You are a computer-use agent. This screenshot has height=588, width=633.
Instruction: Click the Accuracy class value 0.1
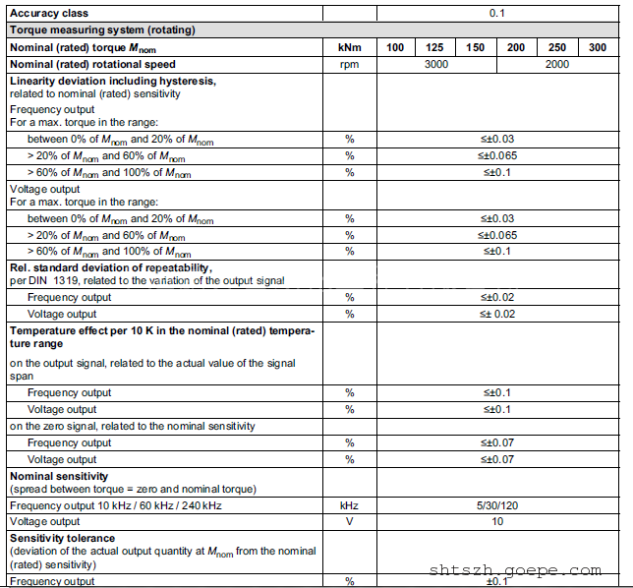pos(497,14)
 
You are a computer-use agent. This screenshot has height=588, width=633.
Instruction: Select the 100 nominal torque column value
pos(395,47)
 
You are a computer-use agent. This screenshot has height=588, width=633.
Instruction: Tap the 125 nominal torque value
pos(434,47)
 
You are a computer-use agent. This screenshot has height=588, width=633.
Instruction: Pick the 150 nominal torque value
pos(476,47)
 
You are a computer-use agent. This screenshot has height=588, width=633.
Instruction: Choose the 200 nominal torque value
pos(516,47)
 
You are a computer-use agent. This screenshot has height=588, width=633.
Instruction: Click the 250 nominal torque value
pos(557,47)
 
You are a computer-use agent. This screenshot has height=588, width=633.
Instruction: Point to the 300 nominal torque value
pos(598,47)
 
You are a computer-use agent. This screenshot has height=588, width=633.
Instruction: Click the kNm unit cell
pos(349,47)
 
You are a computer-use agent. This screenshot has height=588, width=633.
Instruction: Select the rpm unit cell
pos(349,64)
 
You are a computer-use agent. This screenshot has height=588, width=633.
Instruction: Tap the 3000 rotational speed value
pos(435,64)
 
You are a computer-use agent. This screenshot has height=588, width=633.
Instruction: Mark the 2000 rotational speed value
pos(557,64)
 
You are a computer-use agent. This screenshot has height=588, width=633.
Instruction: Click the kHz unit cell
pos(349,505)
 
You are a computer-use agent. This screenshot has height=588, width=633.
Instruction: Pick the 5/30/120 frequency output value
pos(497,505)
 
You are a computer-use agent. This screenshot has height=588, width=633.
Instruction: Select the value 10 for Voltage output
pos(497,521)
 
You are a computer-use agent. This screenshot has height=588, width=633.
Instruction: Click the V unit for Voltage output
pos(349,521)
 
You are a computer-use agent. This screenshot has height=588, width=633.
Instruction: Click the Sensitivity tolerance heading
pos(62,539)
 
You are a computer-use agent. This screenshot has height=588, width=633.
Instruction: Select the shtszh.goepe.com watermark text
pos(515,570)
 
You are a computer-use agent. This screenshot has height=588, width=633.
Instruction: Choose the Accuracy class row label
pos(48,14)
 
